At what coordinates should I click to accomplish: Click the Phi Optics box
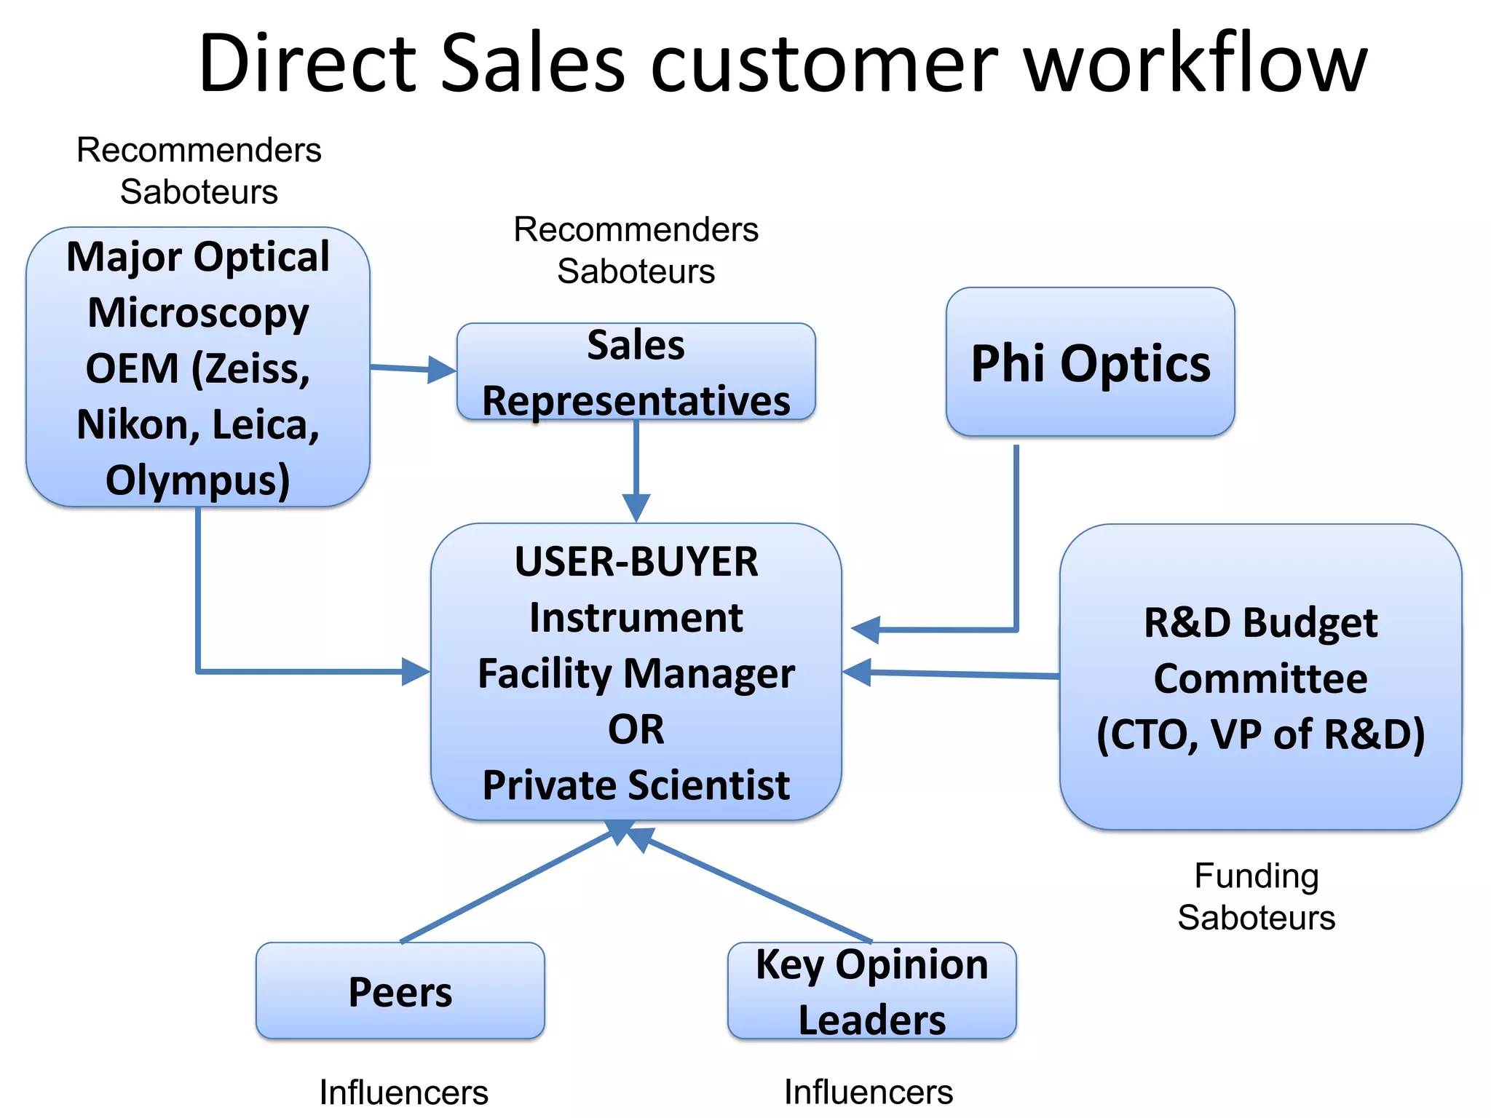pos(1090,362)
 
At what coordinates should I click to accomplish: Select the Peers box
pos(400,991)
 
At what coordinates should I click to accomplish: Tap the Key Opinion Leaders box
pos(871,991)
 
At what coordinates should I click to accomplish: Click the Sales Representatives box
pos(636,372)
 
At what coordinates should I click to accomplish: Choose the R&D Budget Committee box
pos(1260,677)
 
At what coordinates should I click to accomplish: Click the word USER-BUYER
pos(636,562)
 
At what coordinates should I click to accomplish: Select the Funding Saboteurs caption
pos(1257,897)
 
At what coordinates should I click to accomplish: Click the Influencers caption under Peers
pos(403,1093)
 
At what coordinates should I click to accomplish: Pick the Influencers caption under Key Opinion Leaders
pos(868,1093)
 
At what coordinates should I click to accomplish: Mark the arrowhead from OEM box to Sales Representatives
pos(441,370)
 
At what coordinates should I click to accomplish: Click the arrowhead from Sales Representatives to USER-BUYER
pos(636,507)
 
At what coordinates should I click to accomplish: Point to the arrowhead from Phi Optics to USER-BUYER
pos(866,630)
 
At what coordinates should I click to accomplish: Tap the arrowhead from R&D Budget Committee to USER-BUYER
pos(858,672)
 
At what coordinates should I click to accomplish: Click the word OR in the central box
pos(636,729)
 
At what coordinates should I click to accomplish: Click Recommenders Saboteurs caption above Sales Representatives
pos(636,250)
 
